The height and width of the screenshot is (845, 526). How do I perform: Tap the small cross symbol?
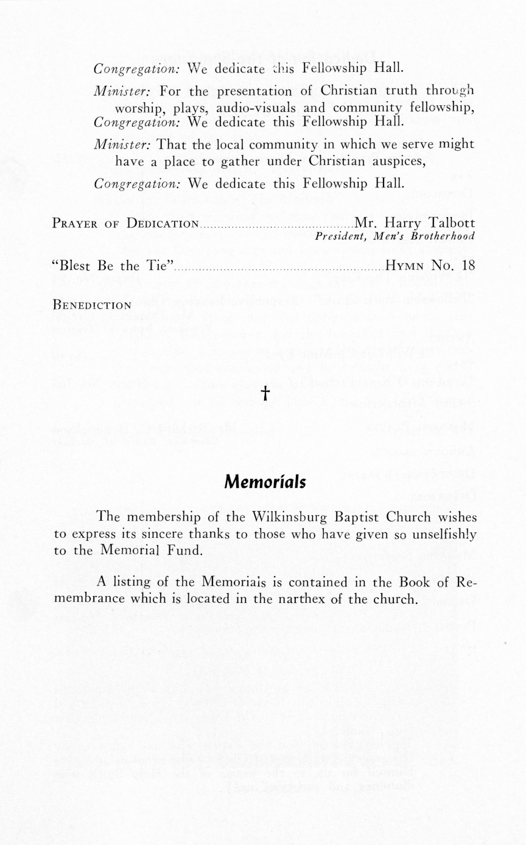pyautogui.click(x=265, y=394)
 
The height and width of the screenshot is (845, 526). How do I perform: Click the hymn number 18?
pyautogui.click(x=468, y=265)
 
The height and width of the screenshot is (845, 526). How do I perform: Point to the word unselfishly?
pyautogui.click(x=437, y=534)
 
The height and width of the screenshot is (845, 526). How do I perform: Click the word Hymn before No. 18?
pyautogui.click(x=406, y=265)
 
